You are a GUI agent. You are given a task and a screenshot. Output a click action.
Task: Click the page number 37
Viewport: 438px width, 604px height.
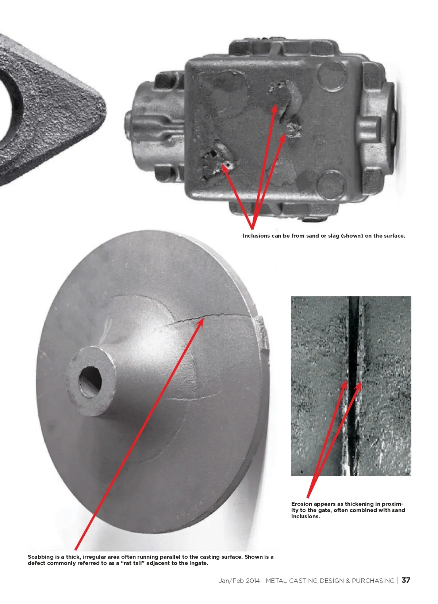406,580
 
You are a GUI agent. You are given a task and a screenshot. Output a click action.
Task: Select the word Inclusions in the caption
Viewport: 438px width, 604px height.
256,236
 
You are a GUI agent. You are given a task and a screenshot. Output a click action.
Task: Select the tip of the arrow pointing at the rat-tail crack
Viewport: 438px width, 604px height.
203,319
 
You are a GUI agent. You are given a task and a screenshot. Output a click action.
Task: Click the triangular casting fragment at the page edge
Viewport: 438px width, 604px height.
46,108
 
